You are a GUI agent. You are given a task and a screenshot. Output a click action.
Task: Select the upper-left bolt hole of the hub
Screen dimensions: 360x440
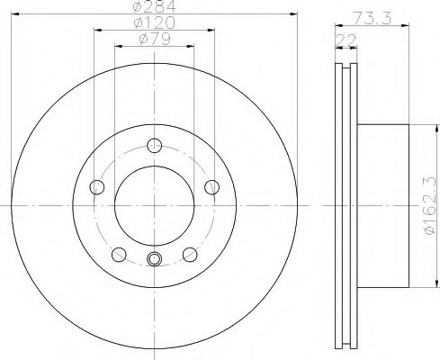(x=97, y=186)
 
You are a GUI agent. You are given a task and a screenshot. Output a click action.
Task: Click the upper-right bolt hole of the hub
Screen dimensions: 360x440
(x=212, y=186)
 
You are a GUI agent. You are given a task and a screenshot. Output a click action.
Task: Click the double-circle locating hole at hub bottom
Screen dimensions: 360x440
(x=154, y=261)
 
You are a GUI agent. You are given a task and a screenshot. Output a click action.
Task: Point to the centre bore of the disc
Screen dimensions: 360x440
(x=155, y=205)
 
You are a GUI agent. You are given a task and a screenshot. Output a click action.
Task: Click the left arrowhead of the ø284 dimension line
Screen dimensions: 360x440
(x=17, y=13)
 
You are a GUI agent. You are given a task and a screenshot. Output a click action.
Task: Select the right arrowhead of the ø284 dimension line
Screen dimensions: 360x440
(x=292, y=13)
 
